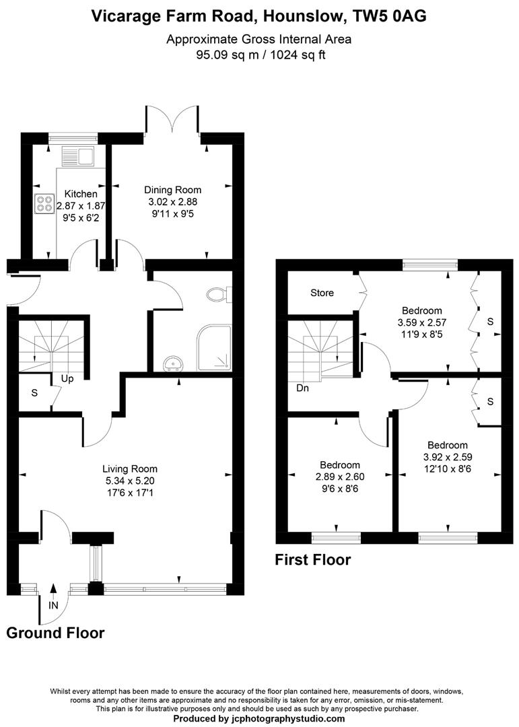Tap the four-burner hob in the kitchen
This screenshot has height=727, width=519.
(44, 203)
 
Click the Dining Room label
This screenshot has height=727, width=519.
(173, 190)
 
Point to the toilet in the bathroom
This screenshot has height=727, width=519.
(218, 294)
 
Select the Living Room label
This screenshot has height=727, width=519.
(130, 469)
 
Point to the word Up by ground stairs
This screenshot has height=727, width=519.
(68, 378)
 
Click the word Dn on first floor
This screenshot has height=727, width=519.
(302, 388)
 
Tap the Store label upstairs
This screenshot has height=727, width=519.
(322, 293)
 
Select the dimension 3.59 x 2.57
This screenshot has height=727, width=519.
(422, 322)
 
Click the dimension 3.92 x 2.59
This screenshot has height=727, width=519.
(448, 456)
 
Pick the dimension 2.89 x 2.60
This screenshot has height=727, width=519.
(339, 477)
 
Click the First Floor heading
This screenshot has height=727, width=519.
(312, 559)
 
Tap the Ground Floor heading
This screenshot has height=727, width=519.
(55, 633)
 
